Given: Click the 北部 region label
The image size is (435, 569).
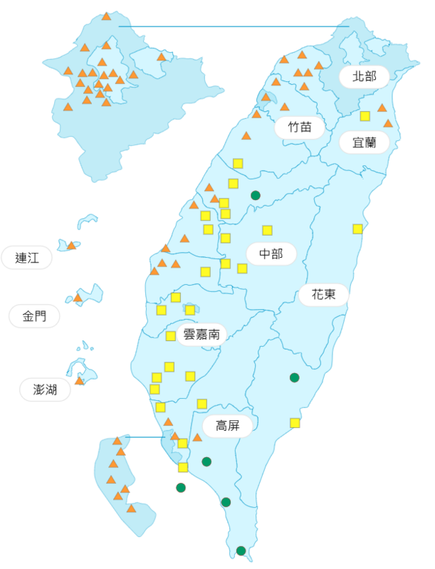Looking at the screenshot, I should (364, 76).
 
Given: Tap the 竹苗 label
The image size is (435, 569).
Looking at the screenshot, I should (300, 127).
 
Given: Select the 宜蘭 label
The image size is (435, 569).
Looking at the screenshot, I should (364, 142).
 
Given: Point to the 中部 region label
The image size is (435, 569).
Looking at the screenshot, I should (271, 254).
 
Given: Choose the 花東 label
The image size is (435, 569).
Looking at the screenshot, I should (323, 294).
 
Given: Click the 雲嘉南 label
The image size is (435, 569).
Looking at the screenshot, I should (201, 334).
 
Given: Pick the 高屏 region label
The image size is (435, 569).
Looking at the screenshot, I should (228, 426).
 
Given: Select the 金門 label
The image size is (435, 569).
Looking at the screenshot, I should (34, 316).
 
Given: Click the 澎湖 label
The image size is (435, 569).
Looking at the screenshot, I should (45, 390).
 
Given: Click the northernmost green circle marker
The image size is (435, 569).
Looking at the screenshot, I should (256, 195).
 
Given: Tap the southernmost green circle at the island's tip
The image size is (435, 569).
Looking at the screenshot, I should (241, 550).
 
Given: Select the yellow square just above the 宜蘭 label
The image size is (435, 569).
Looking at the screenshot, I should (365, 116).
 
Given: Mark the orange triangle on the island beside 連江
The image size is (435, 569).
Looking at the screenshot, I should (71, 246).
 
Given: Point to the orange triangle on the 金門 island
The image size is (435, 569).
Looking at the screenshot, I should (78, 298).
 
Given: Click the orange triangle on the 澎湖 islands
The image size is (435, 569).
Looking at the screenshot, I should (80, 381).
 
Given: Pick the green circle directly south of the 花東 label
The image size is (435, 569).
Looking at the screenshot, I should (295, 377).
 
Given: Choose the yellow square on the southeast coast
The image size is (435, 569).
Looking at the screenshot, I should (295, 423).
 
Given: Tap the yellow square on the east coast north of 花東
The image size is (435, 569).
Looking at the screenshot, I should (357, 229).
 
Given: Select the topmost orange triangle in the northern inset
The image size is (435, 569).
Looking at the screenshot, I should (106, 16).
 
